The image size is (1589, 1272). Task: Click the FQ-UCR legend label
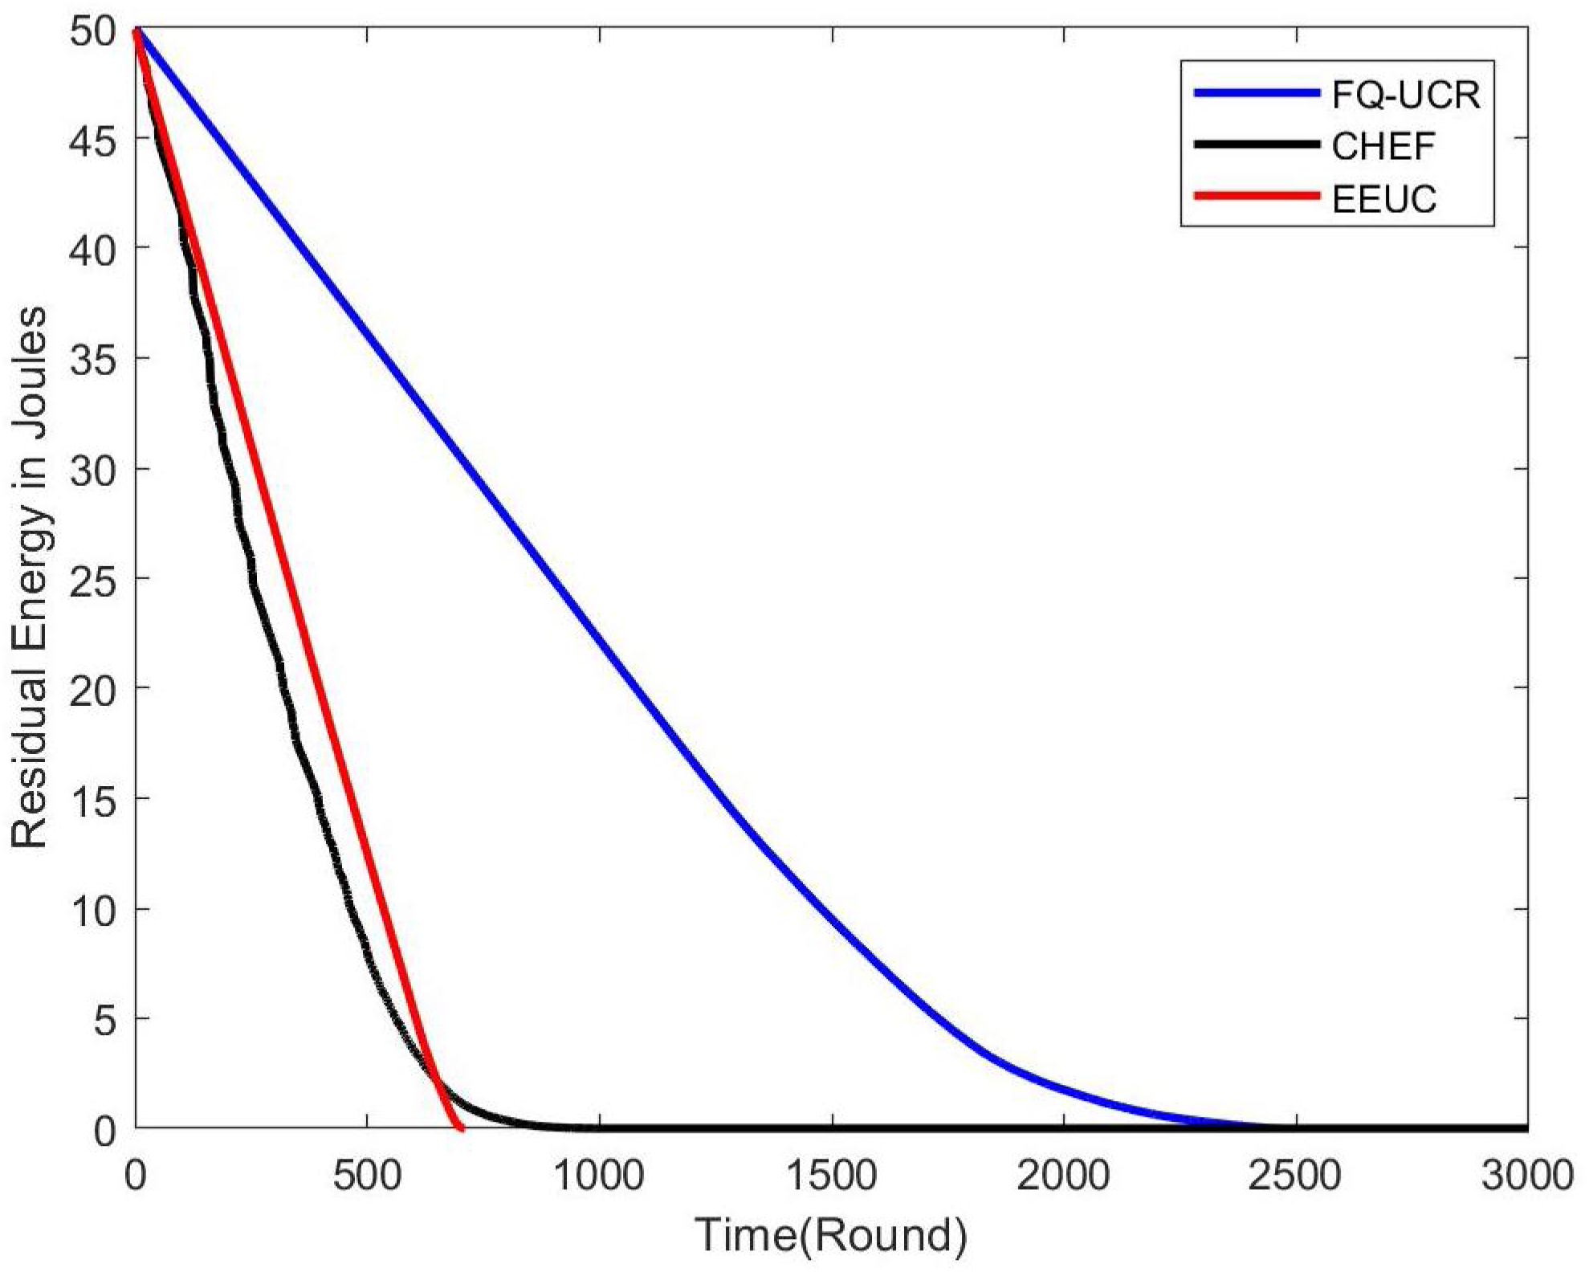(1406, 95)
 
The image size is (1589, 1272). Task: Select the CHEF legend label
(1383, 146)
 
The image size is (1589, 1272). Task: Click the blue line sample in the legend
(1257, 94)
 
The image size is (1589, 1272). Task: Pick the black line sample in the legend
(1257, 145)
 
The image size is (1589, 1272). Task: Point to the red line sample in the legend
(1257, 197)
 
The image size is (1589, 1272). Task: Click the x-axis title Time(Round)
(831, 1235)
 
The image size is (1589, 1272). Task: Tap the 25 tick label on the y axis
(94, 579)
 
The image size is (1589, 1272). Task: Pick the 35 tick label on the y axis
(94, 359)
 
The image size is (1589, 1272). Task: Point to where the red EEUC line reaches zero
(461, 1128)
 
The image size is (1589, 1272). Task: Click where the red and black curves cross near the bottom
(437, 1080)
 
